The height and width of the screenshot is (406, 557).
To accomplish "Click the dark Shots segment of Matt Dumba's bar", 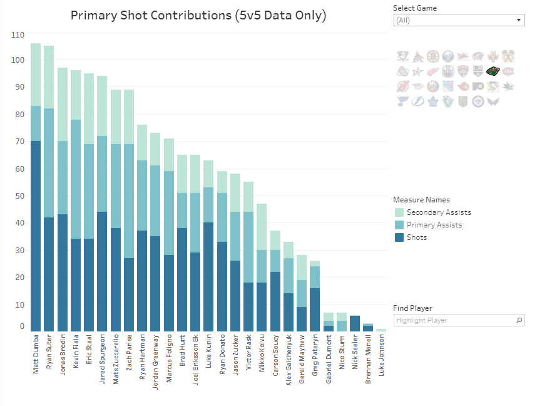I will (36, 236).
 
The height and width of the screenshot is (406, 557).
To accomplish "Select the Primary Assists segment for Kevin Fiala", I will (76, 179).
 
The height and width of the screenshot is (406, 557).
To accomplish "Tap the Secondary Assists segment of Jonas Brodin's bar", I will (63, 105).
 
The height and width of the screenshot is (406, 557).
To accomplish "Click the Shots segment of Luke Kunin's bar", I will (209, 277).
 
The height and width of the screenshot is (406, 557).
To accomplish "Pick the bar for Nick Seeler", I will (355, 323).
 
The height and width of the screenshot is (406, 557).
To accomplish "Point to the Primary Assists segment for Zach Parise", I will (129, 201).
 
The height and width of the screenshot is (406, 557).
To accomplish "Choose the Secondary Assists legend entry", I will (438, 212).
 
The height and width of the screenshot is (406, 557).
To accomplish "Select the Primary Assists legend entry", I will (434, 225).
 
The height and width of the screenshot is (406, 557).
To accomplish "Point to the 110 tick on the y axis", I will (18, 34).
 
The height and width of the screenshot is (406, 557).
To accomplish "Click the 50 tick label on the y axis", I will (20, 196).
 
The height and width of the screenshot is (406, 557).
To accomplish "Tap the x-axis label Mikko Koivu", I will (262, 356).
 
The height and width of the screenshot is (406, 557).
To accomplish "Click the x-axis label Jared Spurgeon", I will (102, 358).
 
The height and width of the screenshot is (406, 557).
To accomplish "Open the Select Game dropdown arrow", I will (519, 20).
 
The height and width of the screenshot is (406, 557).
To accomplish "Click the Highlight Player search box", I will (454, 320).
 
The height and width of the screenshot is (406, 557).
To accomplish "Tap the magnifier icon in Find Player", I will (519, 320).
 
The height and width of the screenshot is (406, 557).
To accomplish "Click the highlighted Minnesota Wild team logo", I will (493, 71).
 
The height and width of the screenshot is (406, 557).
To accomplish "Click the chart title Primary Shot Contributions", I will (198, 16).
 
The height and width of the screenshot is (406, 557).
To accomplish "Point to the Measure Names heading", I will (421, 200).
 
